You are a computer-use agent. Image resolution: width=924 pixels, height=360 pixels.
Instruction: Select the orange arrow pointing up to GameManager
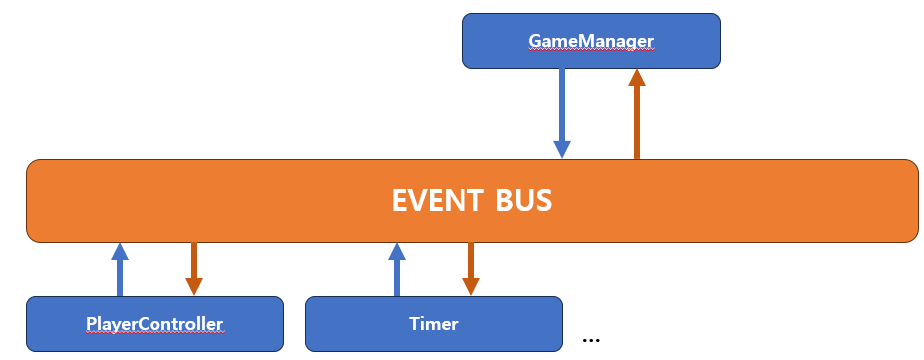pyautogui.click(x=637, y=118)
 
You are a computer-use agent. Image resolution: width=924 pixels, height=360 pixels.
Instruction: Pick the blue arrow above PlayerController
pyautogui.click(x=120, y=272)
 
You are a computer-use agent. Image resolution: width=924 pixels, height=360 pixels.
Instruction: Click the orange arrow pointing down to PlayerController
pyautogui.click(x=194, y=265)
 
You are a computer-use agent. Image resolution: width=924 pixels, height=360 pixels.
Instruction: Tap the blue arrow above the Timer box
pyautogui.click(x=397, y=272)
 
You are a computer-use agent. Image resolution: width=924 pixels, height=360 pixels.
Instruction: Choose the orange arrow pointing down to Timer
pyautogui.click(x=471, y=265)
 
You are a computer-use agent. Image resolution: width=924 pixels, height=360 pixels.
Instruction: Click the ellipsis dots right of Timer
pyautogui.click(x=591, y=339)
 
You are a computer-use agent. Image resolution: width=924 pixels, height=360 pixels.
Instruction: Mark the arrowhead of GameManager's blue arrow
pyautogui.click(x=562, y=149)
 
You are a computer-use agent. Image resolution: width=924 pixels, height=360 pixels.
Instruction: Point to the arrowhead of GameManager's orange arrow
pyautogui.click(x=637, y=78)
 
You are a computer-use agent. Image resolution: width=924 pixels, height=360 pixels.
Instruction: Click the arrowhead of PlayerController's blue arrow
pyautogui.click(x=120, y=251)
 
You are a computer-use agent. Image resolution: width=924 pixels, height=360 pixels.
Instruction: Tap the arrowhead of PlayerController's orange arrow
pyautogui.click(x=194, y=286)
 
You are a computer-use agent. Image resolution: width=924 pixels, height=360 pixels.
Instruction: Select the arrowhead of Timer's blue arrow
pyautogui.click(x=397, y=251)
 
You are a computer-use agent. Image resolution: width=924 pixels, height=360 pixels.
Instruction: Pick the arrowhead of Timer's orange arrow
pyautogui.click(x=471, y=286)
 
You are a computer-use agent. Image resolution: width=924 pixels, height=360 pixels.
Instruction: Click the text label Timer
pyautogui.click(x=433, y=323)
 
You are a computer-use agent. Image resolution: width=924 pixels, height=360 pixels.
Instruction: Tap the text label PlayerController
pyautogui.click(x=154, y=323)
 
